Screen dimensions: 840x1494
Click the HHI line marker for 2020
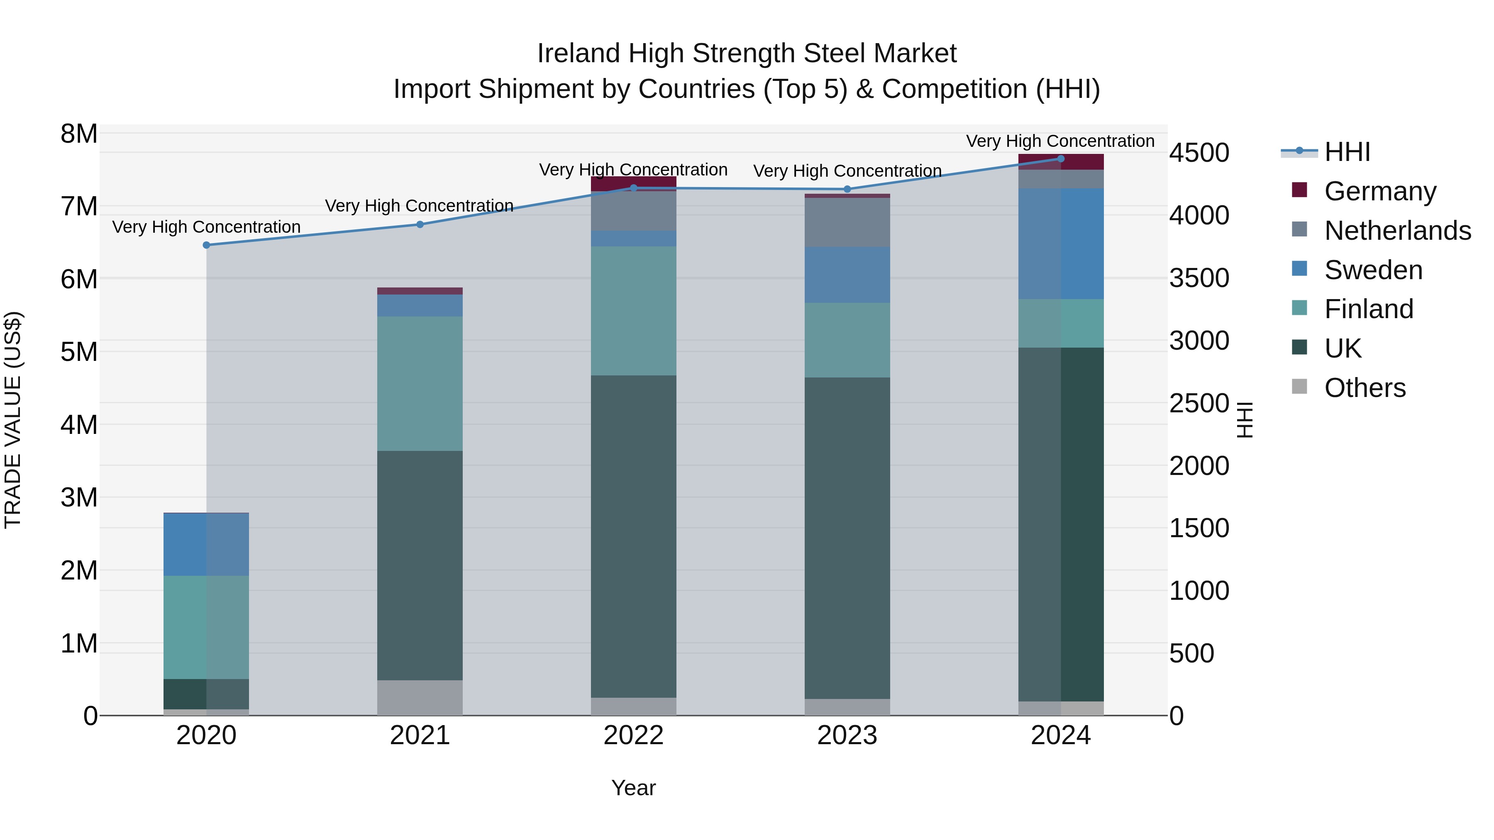[x=207, y=245]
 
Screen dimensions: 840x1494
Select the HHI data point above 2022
[x=633, y=188]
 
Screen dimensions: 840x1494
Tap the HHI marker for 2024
[x=1061, y=158]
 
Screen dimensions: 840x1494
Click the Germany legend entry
[x=1380, y=191]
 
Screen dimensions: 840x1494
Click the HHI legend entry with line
[x=1325, y=152]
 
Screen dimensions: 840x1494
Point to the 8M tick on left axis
[x=79, y=134]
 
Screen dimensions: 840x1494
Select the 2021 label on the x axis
[x=420, y=735]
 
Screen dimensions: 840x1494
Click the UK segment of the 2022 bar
[x=633, y=536]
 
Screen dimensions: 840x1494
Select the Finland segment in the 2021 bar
[x=420, y=383]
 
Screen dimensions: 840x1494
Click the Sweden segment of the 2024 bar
[x=1061, y=243]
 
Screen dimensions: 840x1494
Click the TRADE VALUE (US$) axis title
[x=13, y=420]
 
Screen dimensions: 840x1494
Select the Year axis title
[x=633, y=788]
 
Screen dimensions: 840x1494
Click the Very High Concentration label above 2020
[x=207, y=226]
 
